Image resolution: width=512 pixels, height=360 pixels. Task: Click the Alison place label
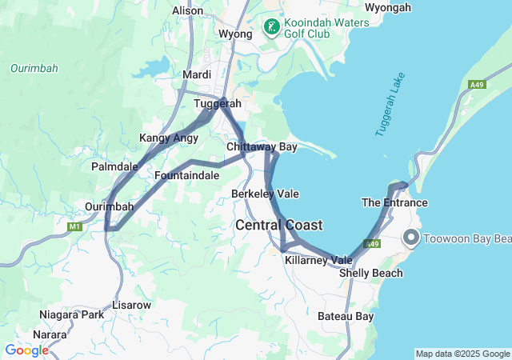[x=188, y=10]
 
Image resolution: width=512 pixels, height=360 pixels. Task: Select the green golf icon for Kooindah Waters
[x=272, y=29]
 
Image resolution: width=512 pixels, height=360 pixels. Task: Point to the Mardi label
[x=197, y=74]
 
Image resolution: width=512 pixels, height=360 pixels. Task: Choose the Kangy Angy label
[x=168, y=138]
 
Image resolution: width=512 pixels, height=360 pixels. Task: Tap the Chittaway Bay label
[x=262, y=147]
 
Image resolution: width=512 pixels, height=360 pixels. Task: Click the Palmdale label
[x=114, y=166]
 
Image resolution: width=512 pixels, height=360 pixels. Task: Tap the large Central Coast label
[x=279, y=226]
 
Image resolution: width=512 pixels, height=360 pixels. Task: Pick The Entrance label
[x=394, y=202]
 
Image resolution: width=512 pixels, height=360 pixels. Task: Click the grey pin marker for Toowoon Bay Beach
[x=411, y=238]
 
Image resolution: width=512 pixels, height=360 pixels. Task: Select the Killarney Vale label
[x=318, y=260]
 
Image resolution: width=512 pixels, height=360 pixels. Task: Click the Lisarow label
[x=132, y=306]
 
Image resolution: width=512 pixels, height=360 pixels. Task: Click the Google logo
[x=26, y=350]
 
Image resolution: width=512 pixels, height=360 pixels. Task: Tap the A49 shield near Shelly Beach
[x=371, y=244]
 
